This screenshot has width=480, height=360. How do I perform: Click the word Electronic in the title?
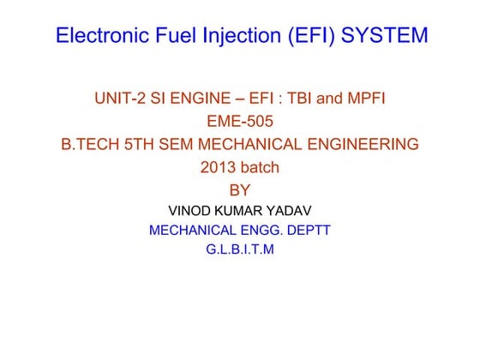coord(97,37)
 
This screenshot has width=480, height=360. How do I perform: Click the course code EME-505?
coord(240,122)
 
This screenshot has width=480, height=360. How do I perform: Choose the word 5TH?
coord(147,145)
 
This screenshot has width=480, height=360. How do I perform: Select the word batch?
coord(260,168)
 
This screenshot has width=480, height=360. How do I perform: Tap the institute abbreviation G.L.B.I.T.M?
coord(240,250)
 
